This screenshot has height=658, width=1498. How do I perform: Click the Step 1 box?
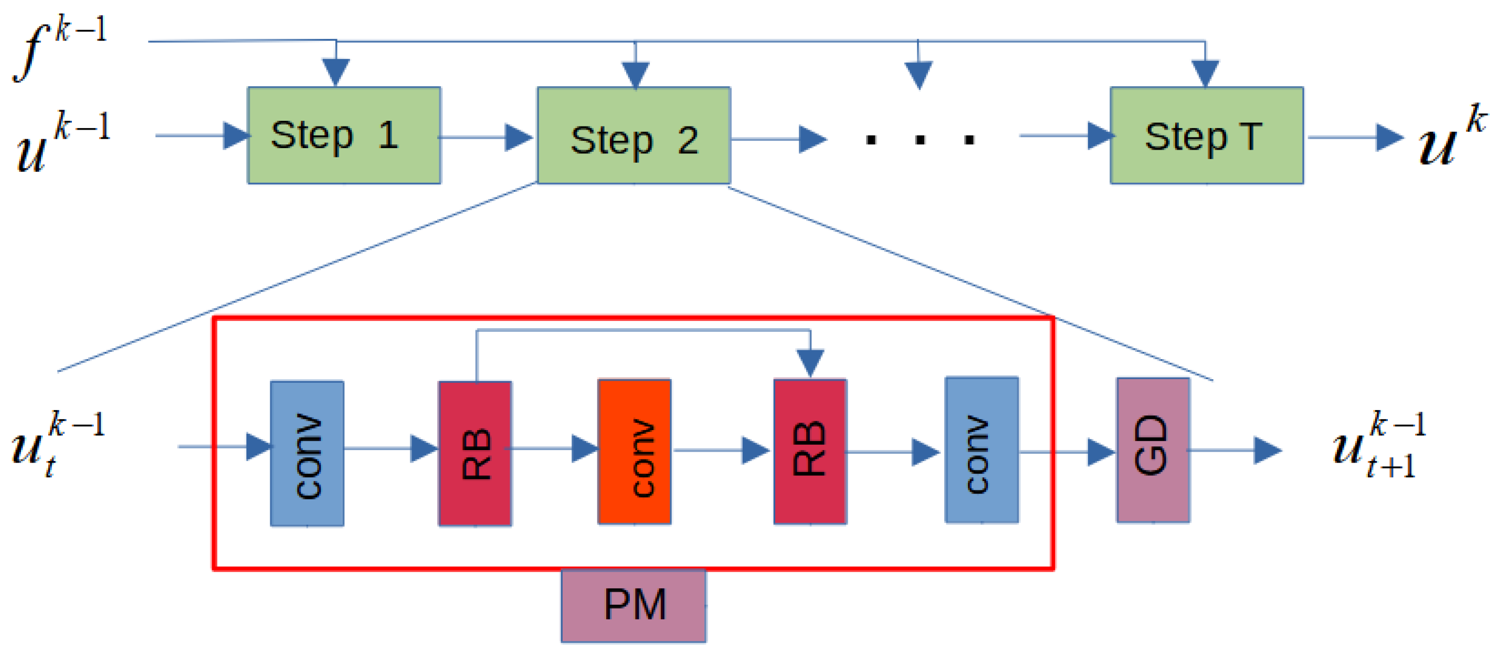tap(344, 135)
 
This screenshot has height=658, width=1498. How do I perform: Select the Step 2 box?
tap(634, 135)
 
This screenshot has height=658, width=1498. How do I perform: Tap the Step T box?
tap(1206, 135)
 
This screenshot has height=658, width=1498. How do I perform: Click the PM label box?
tap(634, 605)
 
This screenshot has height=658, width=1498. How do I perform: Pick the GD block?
tap(1153, 450)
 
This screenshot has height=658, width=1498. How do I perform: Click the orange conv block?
tap(635, 452)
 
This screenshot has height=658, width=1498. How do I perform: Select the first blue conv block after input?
tap(307, 453)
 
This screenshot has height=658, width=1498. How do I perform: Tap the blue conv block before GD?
tap(981, 450)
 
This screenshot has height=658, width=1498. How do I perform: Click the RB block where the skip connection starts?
tap(474, 454)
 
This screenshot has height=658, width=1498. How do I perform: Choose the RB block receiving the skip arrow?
tap(809, 452)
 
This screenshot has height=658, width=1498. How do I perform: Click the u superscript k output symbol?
tap(1451, 137)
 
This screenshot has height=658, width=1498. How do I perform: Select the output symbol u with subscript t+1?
tap(1378, 445)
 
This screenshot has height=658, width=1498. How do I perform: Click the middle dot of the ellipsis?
tap(920, 140)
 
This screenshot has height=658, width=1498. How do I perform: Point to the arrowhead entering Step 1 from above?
tap(335, 71)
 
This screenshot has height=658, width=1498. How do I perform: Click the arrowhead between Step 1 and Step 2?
tap(518, 137)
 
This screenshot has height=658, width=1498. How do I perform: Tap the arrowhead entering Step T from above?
tap(1205, 72)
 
